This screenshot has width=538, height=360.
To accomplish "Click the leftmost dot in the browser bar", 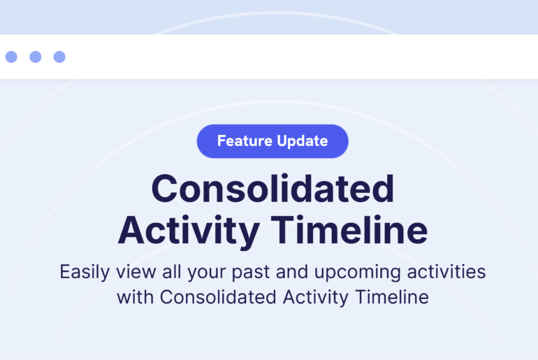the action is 11,57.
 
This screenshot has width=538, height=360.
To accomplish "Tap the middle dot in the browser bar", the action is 36,57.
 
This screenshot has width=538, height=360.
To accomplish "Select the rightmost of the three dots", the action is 59,57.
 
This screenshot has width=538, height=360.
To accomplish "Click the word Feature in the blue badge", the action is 245,141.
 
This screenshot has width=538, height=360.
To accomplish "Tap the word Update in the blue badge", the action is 303,142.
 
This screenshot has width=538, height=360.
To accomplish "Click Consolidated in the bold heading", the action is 272,189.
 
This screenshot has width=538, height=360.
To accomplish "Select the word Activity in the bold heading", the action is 189,231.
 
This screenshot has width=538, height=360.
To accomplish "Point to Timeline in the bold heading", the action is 349,229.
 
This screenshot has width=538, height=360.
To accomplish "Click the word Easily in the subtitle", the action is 85,273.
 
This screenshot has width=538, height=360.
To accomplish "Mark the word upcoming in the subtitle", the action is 358,273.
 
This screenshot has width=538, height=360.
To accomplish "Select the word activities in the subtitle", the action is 446,271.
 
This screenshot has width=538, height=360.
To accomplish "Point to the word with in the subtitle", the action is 135,297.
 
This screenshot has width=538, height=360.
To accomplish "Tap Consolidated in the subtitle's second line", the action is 218,297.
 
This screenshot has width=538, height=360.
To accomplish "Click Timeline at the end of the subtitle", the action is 392,297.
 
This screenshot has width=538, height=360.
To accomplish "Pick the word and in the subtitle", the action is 292,271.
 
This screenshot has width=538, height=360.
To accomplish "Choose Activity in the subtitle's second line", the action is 316,298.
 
